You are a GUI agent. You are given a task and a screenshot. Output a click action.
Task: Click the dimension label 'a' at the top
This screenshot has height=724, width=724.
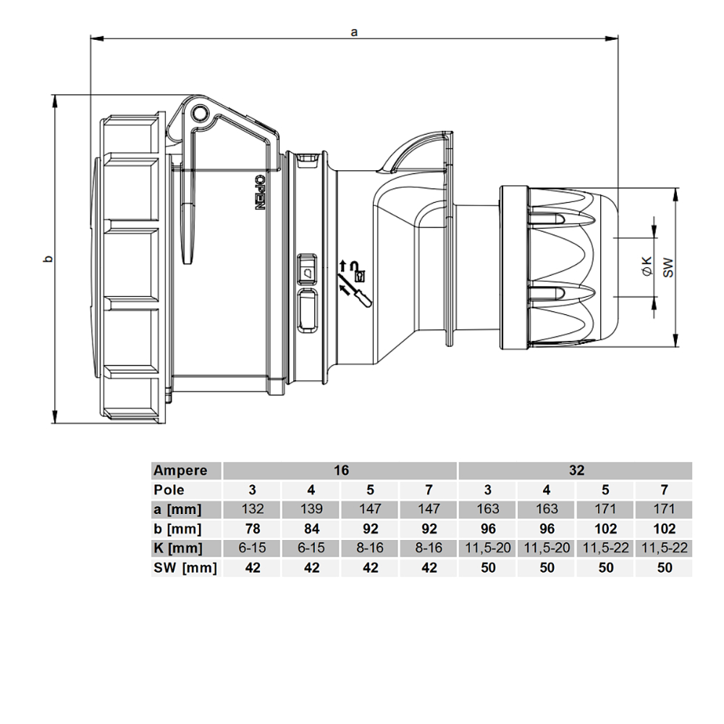(x=354, y=32)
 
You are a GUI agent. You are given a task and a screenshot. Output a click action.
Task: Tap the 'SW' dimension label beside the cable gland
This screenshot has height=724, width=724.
(x=668, y=267)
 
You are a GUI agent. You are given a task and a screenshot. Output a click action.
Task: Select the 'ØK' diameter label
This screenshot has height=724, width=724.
(x=648, y=267)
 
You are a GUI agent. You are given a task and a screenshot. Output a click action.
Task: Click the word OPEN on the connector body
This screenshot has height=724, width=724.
(x=260, y=192)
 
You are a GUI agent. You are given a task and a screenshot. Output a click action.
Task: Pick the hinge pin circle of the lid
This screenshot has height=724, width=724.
(x=201, y=113)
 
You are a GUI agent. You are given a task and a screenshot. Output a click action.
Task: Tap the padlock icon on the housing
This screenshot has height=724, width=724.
(x=359, y=276)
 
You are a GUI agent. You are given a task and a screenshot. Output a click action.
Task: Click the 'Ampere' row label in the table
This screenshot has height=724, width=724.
(x=180, y=471)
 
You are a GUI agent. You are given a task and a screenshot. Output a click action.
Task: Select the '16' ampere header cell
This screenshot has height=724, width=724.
(x=341, y=470)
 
